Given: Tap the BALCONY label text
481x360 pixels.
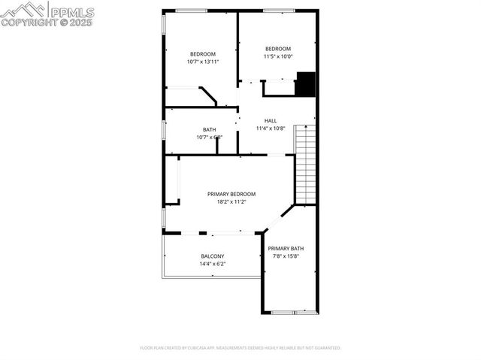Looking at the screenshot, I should pyautogui.click(x=212, y=256).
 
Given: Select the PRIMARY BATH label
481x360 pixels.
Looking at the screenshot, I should pyautogui.click(x=286, y=249).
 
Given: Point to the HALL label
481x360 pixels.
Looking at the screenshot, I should pyautogui.click(x=271, y=120).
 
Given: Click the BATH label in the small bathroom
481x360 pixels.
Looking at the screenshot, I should pyautogui.click(x=209, y=129).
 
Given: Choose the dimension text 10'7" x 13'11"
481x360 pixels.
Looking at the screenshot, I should pyautogui.click(x=203, y=62).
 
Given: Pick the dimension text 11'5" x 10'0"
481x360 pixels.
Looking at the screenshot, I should pyautogui.click(x=278, y=56).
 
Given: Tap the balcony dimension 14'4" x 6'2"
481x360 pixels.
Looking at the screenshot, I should pyautogui.click(x=212, y=264).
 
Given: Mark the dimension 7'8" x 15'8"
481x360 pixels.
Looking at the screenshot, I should pyautogui.click(x=286, y=256).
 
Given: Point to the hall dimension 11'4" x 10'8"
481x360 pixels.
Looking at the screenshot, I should pyautogui.click(x=271, y=128).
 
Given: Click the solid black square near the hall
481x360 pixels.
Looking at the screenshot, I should pyautogui.click(x=305, y=84).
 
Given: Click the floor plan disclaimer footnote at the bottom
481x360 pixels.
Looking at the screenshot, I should pyautogui.click(x=240, y=348).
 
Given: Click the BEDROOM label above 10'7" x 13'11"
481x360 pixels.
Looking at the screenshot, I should pyautogui.click(x=203, y=54).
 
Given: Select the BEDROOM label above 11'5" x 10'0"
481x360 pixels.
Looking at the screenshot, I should pyautogui.click(x=278, y=49).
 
